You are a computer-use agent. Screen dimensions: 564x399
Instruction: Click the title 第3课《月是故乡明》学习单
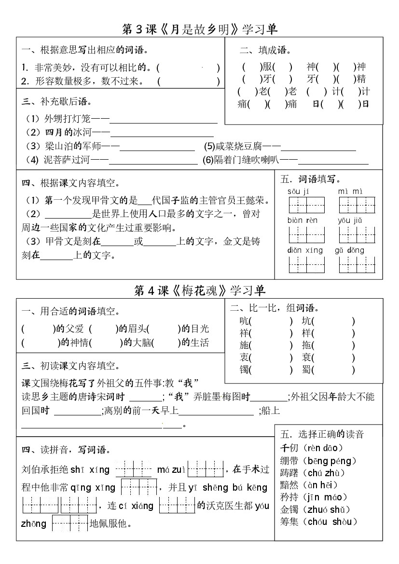[200, 29]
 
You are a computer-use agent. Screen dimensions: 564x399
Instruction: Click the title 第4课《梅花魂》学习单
[200, 290]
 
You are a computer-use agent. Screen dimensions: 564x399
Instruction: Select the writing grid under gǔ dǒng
[358, 264]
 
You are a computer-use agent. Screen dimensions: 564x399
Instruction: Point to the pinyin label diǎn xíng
[305, 250]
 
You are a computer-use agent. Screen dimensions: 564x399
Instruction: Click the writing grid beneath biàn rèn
[306, 235]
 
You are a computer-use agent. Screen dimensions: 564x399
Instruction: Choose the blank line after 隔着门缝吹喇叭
[333, 161]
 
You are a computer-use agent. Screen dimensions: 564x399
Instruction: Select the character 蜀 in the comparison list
[306, 371]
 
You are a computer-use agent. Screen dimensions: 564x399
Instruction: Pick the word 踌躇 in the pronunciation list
[289, 473]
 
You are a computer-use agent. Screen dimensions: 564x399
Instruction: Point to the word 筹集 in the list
[289, 522]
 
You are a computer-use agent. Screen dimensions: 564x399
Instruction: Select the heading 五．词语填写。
[310, 179]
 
